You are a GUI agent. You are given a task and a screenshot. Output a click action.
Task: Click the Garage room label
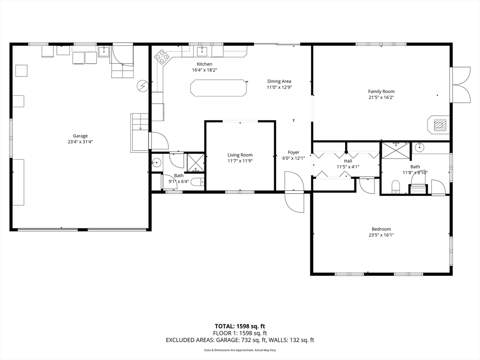(x=80, y=136)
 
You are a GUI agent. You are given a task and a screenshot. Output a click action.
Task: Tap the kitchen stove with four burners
(x=161, y=57)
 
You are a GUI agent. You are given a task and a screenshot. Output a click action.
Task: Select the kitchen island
(x=218, y=88)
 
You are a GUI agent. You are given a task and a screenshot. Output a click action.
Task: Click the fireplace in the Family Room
(x=438, y=125)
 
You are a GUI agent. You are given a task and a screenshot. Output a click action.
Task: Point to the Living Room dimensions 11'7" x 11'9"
(x=240, y=161)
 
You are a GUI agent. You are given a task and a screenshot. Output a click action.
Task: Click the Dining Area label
(x=279, y=82)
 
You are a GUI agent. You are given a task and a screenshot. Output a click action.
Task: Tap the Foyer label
(x=293, y=152)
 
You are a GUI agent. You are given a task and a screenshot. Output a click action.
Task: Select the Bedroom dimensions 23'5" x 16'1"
(x=381, y=235)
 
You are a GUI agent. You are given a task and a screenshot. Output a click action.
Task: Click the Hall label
(x=348, y=161)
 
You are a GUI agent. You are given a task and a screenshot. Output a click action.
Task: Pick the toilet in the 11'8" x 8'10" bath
(x=396, y=187)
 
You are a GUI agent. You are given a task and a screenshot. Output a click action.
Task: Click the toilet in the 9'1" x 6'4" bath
(x=198, y=182)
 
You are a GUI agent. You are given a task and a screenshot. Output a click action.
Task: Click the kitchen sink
(x=202, y=52)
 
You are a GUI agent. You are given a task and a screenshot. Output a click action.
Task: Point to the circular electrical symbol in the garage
(x=142, y=86)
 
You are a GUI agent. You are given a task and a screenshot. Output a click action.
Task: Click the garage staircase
(x=140, y=133)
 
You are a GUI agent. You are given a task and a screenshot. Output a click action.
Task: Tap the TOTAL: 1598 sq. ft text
(x=240, y=326)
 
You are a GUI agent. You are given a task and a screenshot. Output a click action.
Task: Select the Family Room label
(x=381, y=91)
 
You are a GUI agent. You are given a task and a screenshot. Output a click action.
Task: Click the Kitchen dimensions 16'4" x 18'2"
(x=204, y=70)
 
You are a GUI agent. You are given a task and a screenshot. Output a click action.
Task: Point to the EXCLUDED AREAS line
(x=240, y=340)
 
